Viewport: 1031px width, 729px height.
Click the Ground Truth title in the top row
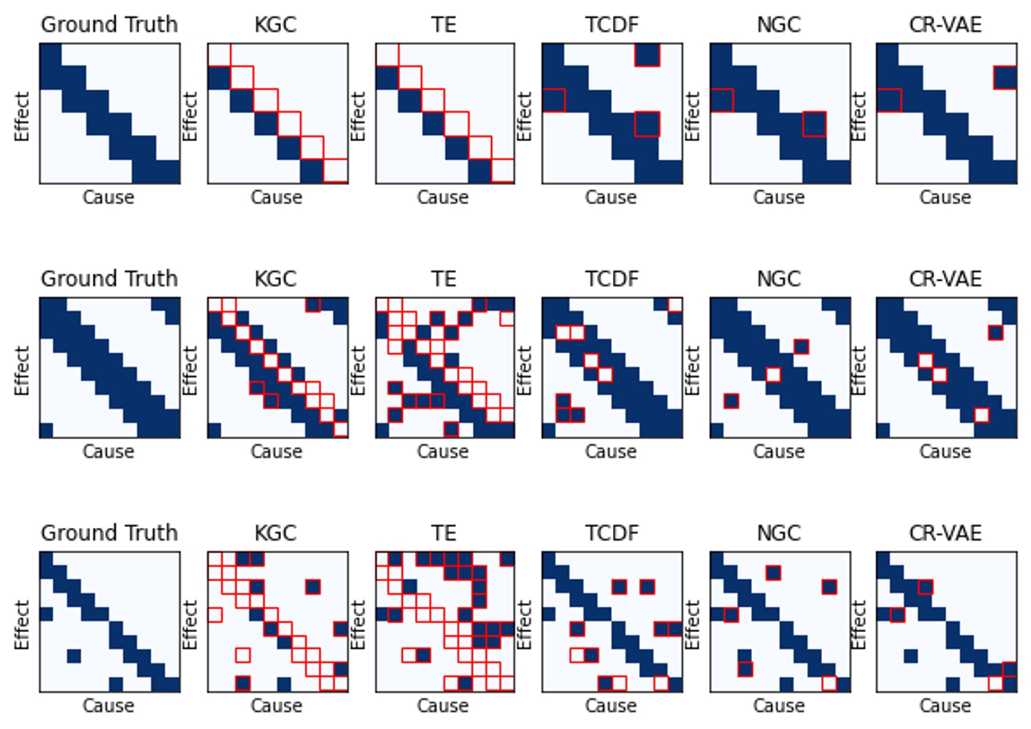click(109, 25)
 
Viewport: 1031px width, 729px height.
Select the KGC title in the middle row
click(276, 279)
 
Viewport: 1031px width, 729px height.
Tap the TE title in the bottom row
click(443, 533)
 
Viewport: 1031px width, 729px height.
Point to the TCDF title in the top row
click(612, 25)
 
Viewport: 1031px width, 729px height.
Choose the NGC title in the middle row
click(779, 279)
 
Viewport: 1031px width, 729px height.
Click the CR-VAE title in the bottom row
click(946, 533)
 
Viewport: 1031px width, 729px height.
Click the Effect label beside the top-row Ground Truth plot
click(22, 116)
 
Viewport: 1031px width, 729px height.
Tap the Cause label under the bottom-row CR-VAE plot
click(945, 706)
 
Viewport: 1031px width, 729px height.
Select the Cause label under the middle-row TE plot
click(443, 452)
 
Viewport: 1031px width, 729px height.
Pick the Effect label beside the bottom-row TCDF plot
click(524, 625)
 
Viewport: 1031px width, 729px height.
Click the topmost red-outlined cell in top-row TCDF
click(647, 55)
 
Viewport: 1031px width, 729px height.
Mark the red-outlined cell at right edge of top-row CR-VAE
click(1005, 78)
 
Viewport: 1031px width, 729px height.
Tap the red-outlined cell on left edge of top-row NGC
click(722, 100)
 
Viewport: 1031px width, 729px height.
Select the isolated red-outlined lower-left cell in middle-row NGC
click(731, 401)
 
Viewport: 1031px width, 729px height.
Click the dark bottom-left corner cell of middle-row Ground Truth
click(46, 430)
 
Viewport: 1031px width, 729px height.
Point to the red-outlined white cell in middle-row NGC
click(773, 375)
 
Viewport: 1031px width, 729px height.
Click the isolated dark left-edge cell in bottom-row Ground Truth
click(46, 614)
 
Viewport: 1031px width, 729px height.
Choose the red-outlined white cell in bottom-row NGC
click(829, 684)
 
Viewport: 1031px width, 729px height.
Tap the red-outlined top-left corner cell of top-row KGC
click(219, 55)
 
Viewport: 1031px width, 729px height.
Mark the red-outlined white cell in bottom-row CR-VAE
click(996, 684)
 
